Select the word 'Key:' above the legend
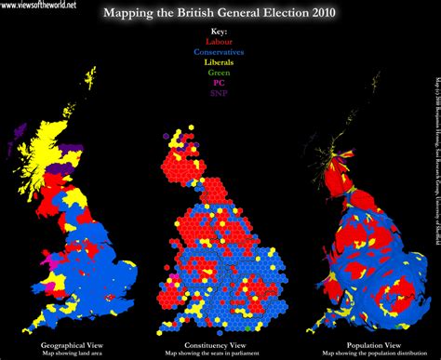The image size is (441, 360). [219, 33]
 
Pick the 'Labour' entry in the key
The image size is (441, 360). [219, 43]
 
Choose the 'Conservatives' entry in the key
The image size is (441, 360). [219, 52]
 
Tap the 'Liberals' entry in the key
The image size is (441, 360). [219, 62]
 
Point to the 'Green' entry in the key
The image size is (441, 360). [219, 72]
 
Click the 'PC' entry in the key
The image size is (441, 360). [219, 82]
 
